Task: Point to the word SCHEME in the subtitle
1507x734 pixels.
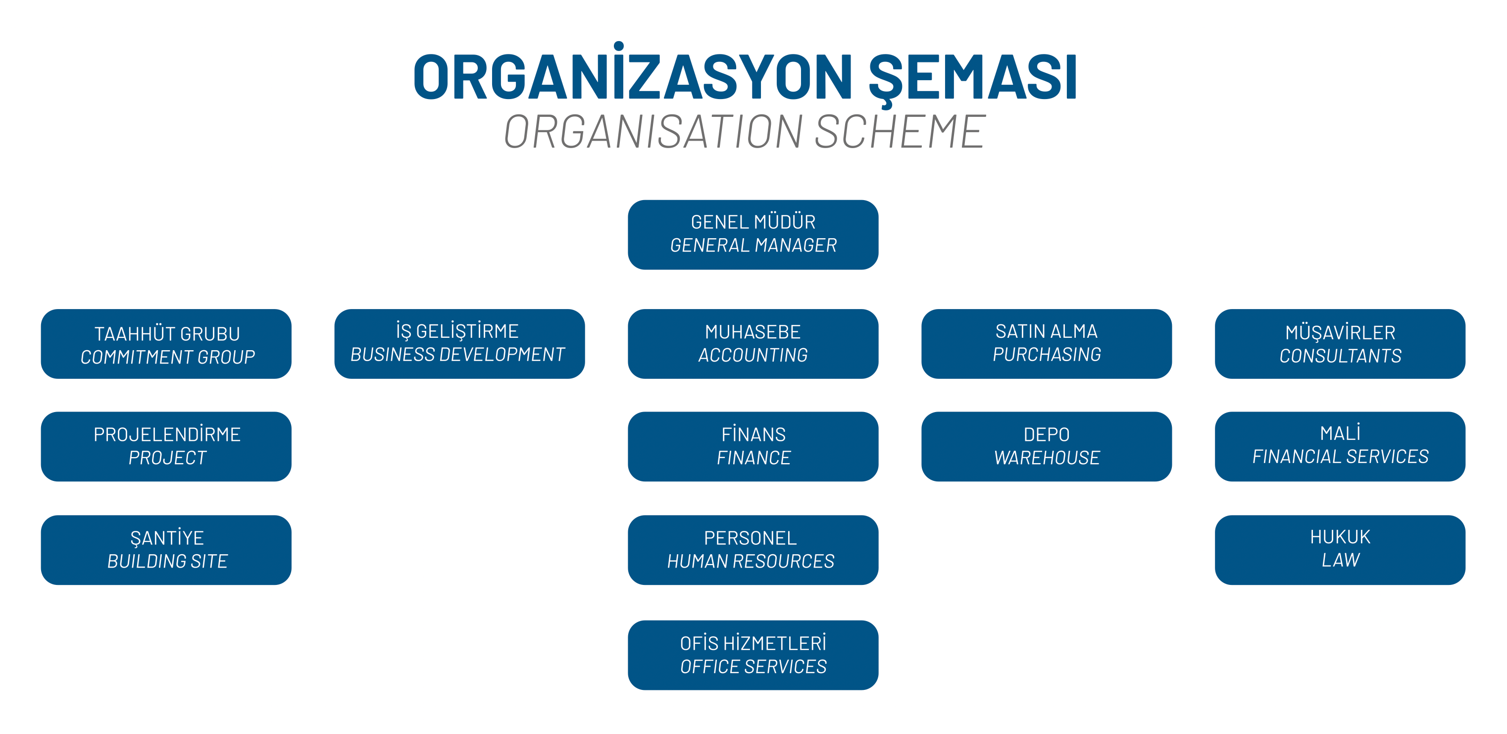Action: click(x=900, y=131)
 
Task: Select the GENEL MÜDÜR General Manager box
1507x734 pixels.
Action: click(x=753, y=235)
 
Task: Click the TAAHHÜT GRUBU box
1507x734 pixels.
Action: click(x=166, y=344)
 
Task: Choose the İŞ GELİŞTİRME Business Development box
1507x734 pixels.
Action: click(x=459, y=344)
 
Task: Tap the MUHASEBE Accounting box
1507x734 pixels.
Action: click(x=753, y=344)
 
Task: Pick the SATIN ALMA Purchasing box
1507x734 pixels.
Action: click(x=1047, y=344)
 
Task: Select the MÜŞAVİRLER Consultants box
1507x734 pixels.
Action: click(x=1340, y=344)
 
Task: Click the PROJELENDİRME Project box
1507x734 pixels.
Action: click(x=166, y=447)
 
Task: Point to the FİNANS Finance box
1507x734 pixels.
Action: click(x=753, y=447)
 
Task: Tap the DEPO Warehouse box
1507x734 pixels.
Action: click(x=1047, y=447)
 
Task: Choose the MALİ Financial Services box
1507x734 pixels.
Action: click(x=1340, y=447)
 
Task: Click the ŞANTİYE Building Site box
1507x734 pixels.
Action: click(x=166, y=550)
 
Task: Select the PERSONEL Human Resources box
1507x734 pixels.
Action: click(x=753, y=550)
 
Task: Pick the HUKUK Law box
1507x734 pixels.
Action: click(x=1340, y=550)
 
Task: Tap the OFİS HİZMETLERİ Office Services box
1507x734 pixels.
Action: click(x=753, y=655)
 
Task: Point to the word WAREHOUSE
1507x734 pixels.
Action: click(x=1047, y=458)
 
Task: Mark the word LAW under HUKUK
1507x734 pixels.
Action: click(x=1341, y=560)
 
